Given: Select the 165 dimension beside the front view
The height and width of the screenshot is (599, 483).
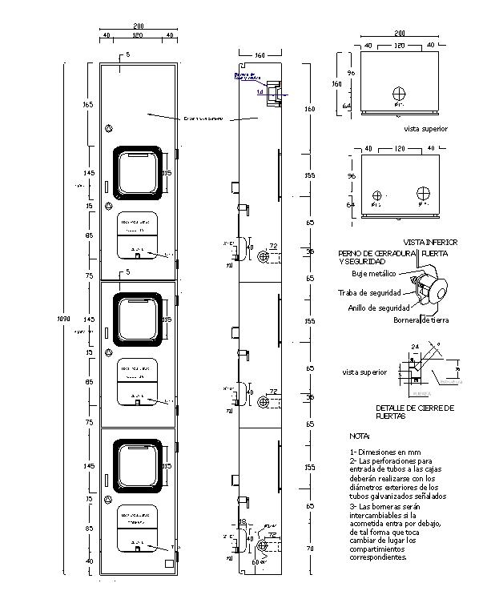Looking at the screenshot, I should point(88,105).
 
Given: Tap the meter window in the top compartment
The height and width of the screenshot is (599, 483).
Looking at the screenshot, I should point(139,172).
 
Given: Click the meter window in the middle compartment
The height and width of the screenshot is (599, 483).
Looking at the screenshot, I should point(139,319).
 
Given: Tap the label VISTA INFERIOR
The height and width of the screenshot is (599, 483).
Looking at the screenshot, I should point(430,242).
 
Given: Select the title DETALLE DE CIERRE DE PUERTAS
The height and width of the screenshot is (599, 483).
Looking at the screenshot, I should point(415,412).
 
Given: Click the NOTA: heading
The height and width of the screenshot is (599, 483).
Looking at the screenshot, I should point(360,436).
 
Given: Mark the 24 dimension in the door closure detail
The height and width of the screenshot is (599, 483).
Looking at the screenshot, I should point(415,347).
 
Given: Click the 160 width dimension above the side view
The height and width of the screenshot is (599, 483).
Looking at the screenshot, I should point(260,55).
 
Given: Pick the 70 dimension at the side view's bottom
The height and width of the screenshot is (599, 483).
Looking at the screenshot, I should point(309,549).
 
